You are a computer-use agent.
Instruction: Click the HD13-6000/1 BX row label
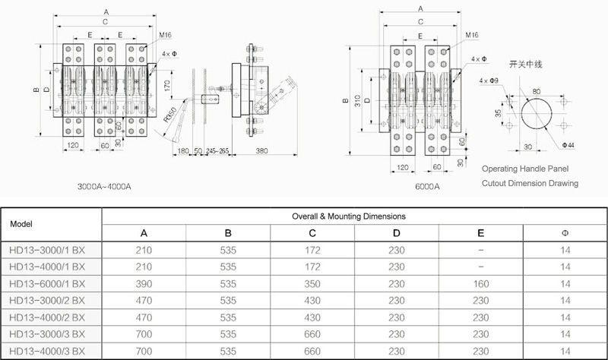click(x=47, y=283)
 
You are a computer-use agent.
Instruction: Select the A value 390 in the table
click(x=144, y=283)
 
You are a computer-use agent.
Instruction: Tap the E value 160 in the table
click(x=481, y=283)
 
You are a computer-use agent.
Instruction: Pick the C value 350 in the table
click(x=312, y=283)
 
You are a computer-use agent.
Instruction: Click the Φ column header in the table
click(x=565, y=233)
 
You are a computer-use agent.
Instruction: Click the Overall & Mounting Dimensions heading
click(x=349, y=216)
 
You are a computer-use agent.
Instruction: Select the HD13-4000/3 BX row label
click(x=47, y=351)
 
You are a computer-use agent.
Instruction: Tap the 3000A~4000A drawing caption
click(x=104, y=186)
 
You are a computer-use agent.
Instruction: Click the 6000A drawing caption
click(x=427, y=186)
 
